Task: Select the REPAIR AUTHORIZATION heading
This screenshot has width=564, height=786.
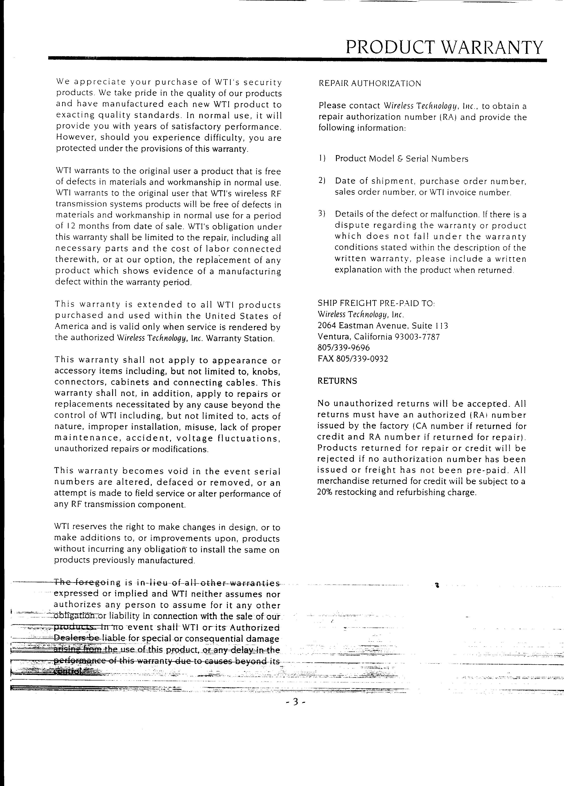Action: [x=370, y=83]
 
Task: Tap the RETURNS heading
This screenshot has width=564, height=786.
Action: [x=337, y=381]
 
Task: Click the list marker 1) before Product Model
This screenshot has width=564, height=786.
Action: [x=322, y=159]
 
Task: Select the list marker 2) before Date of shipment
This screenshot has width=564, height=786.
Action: [x=322, y=181]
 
